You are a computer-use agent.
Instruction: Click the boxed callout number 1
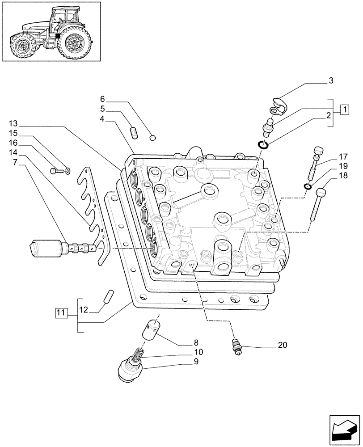tap(345, 109)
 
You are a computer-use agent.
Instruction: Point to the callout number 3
tap(330, 81)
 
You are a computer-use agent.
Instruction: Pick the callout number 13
tap(13, 123)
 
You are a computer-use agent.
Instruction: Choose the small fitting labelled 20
tap(236, 346)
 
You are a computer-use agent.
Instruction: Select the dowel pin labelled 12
tap(109, 297)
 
